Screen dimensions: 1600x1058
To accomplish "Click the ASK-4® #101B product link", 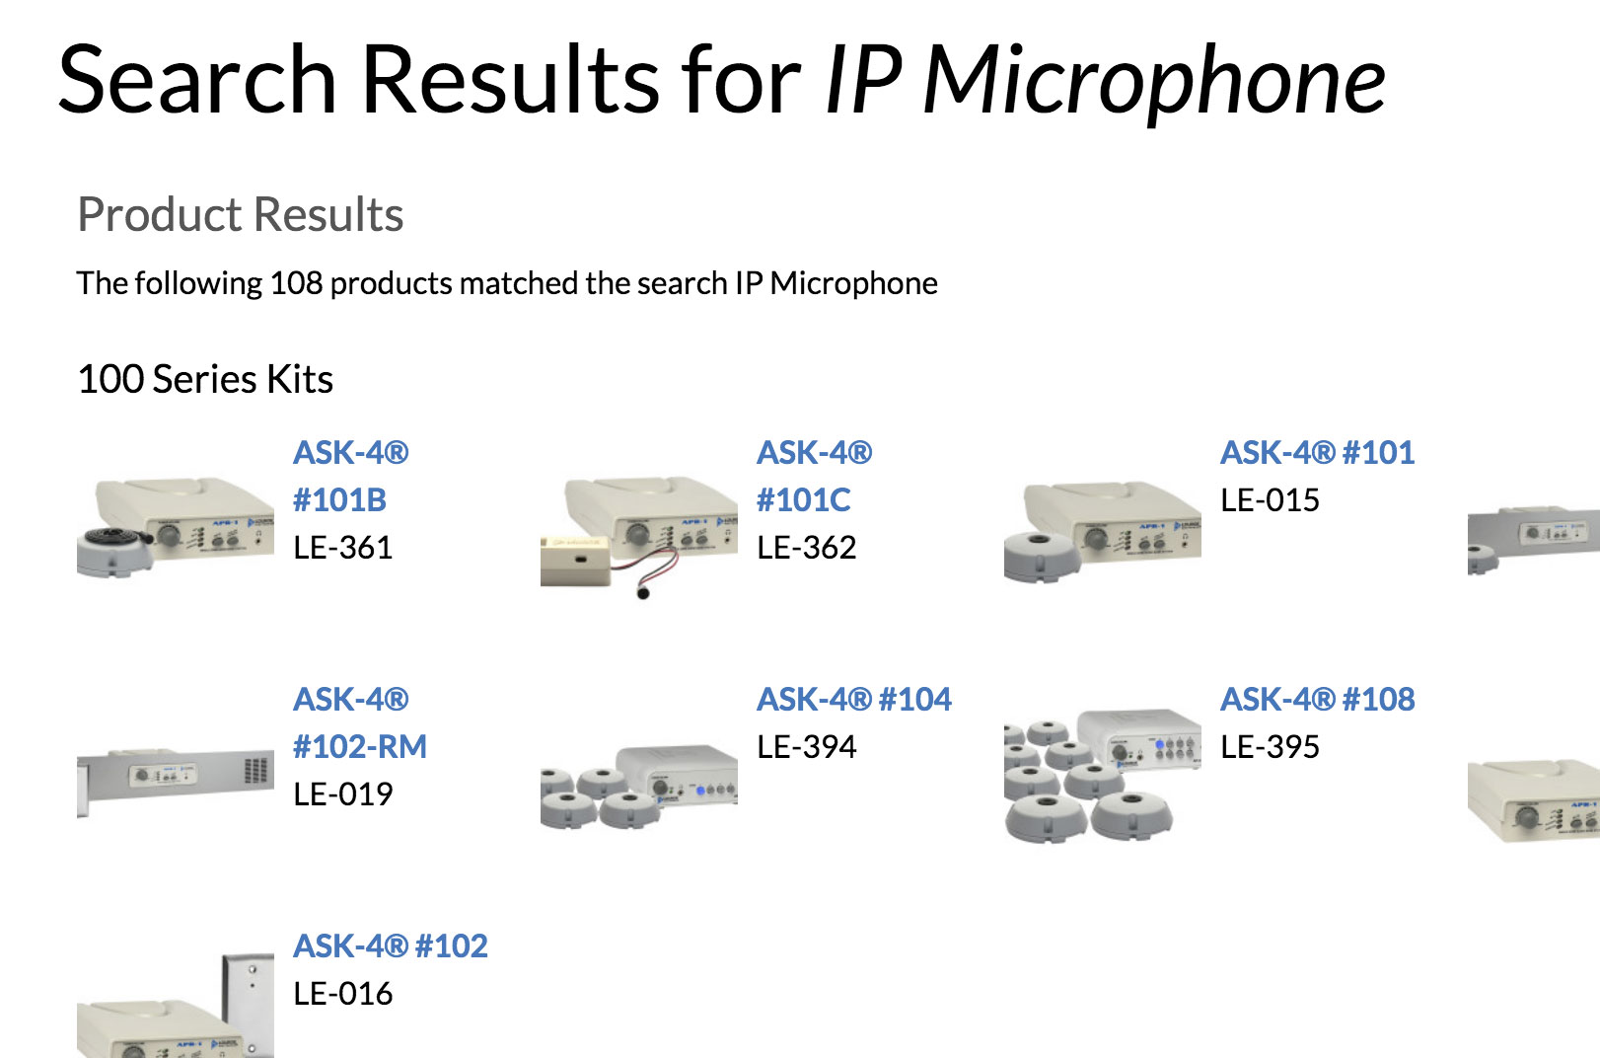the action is (351, 476).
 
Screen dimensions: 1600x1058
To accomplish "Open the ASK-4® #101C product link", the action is (814, 476).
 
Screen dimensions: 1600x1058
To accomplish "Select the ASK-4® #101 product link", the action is (1317, 452).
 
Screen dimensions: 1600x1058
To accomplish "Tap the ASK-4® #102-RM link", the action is (360, 722).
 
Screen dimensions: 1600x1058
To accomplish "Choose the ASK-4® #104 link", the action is (853, 699).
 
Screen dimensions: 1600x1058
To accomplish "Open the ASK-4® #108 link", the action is (1317, 699).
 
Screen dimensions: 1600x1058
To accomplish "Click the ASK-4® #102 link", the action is (390, 945).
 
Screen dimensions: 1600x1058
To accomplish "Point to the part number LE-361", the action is (343, 548).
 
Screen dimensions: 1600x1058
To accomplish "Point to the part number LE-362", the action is (807, 548).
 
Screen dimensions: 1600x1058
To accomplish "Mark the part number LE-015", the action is (1270, 500).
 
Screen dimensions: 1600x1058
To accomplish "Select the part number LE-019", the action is (343, 794).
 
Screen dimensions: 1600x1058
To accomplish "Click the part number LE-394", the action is (807, 747).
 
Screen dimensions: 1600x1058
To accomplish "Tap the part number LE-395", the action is (1270, 747).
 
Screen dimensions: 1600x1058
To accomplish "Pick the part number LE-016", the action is (343, 994).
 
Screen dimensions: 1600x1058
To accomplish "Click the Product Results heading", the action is (240, 214).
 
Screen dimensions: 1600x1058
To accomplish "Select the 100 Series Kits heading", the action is (205, 379).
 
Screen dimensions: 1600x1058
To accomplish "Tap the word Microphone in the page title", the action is (1153, 80).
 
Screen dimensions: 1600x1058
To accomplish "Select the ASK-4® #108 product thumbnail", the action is (1102, 775).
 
